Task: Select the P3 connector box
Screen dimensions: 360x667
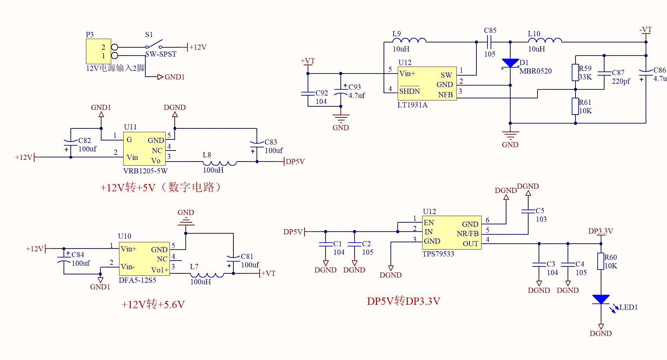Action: (98, 51)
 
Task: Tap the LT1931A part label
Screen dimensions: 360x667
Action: (412, 105)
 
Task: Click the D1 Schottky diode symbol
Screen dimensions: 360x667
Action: (510, 64)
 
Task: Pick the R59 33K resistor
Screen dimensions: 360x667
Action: (575, 72)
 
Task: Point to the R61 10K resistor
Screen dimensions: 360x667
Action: (575, 106)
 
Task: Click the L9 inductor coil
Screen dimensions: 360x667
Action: (409, 41)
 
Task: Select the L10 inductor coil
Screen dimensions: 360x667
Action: (545, 41)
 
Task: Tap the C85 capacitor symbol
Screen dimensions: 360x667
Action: (489, 42)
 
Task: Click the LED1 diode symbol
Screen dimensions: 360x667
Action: (601, 300)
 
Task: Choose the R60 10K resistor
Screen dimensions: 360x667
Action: (601, 261)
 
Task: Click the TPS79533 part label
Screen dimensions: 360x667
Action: (438, 254)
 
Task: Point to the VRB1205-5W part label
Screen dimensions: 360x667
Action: (145, 171)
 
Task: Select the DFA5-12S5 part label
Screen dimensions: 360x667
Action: (137, 280)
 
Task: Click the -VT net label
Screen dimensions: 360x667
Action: (646, 30)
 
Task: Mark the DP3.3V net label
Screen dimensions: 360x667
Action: (600, 231)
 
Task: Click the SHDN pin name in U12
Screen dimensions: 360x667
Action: (409, 91)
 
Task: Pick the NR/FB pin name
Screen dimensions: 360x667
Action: (467, 234)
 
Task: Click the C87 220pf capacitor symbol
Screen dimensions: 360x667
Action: (604, 73)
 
